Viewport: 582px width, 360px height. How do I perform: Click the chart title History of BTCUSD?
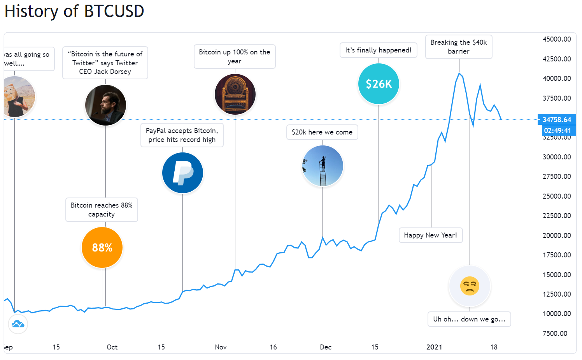pyautogui.click(x=74, y=11)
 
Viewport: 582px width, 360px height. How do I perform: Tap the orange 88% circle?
pyautogui.click(x=102, y=248)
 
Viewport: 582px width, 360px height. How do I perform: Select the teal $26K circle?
pyautogui.click(x=379, y=84)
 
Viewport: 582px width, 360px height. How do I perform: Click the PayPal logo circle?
pyautogui.click(x=182, y=173)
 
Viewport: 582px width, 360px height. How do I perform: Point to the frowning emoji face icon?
pyautogui.click(x=470, y=286)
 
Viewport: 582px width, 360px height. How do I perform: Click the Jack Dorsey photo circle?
pyautogui.click(x=105, y=105)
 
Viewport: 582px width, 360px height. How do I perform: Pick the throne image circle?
pyautogui.click(x=235, y=94)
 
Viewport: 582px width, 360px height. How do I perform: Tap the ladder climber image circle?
pyautogui.click(x=323, y=166)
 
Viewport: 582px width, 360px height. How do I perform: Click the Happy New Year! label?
pyautogui.click(x=431, y=235)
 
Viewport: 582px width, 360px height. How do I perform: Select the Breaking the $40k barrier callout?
pyautogui.click(x=459, y=47)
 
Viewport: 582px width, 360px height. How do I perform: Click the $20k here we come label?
pyautogui.click(x=322, y=132)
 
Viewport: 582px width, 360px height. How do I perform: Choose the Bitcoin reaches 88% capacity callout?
pyautogui.click(x=102, y=210)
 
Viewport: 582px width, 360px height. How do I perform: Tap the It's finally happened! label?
pyautogui.click(x=378, y=50)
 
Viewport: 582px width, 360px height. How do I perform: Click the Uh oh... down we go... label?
pyautogui.click(x=469, y=319)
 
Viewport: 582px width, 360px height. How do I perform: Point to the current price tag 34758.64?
pyautogui.click(x=557, y=120)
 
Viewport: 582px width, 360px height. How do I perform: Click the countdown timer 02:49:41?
pyautogui.click(x=557, y=131)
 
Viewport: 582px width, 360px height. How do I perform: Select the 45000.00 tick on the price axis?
pyautogui.click(x=557, y=39)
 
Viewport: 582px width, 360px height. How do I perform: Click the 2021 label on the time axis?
pyautogui.click(x=434, y=347)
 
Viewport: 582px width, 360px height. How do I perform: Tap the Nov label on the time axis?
pyautogui.click(x=221, y=347)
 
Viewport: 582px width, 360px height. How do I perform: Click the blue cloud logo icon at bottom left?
pyautogui.click(x=18, y=324)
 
